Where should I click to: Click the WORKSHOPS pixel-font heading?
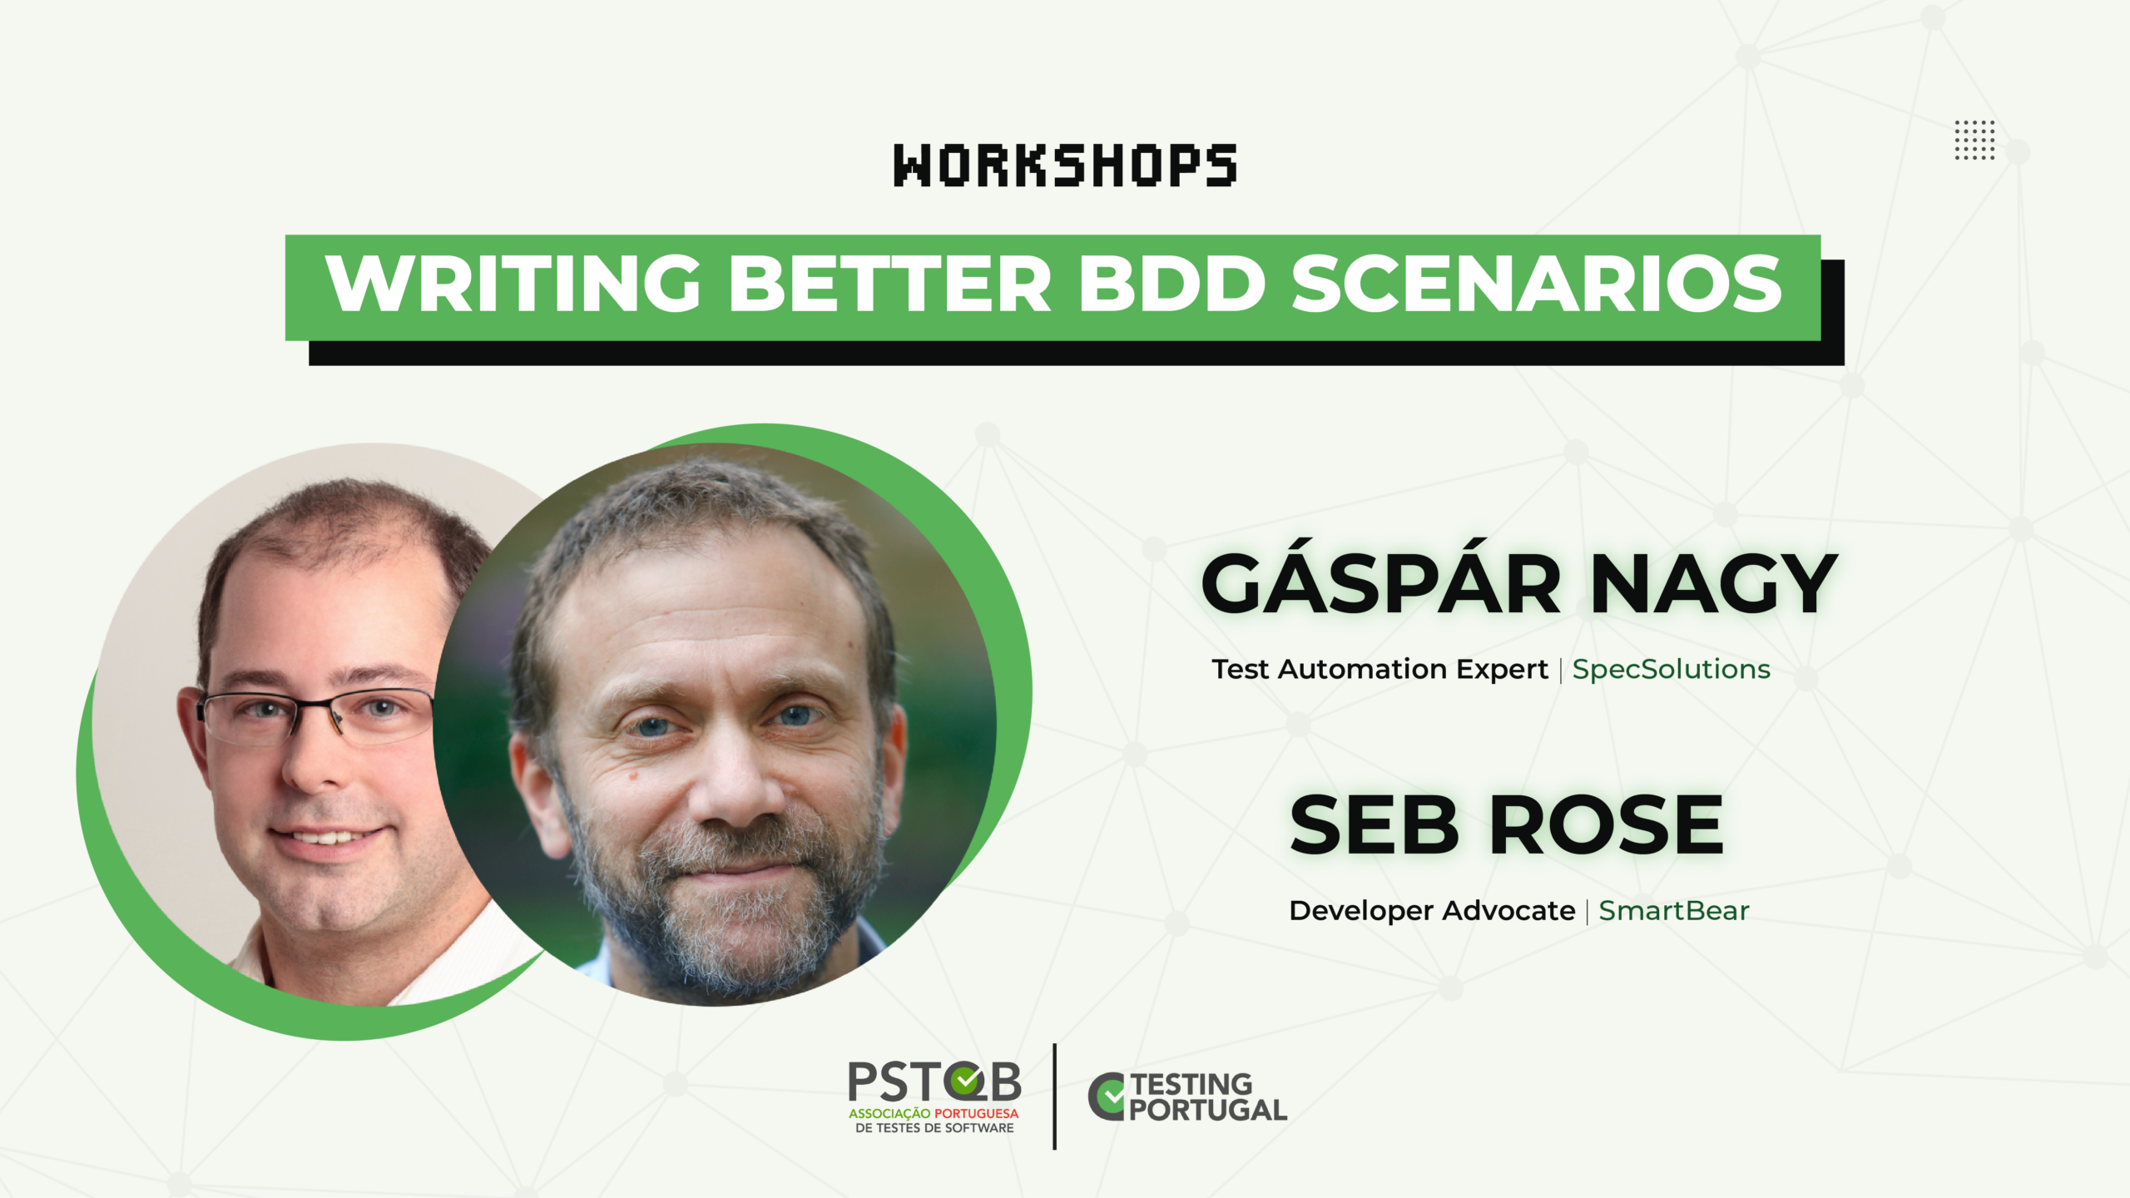tap(1065, 165)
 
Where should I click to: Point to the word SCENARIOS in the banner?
tap(1536, 283)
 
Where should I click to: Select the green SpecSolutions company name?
tap(1671, 670)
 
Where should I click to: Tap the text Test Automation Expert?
tap(1380, 670)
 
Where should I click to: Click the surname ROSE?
tap(1607, 824)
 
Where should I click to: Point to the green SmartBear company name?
tap(1673, 911)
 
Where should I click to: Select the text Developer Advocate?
tap(1432, 911)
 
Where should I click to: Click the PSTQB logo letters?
tap(934, 1082)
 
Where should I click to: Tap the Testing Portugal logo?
tap(1187, 1097)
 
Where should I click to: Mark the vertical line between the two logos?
tap(1054, 1097)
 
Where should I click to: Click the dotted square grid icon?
tap(1974, 140)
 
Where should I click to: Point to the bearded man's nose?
tap(736, 778)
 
